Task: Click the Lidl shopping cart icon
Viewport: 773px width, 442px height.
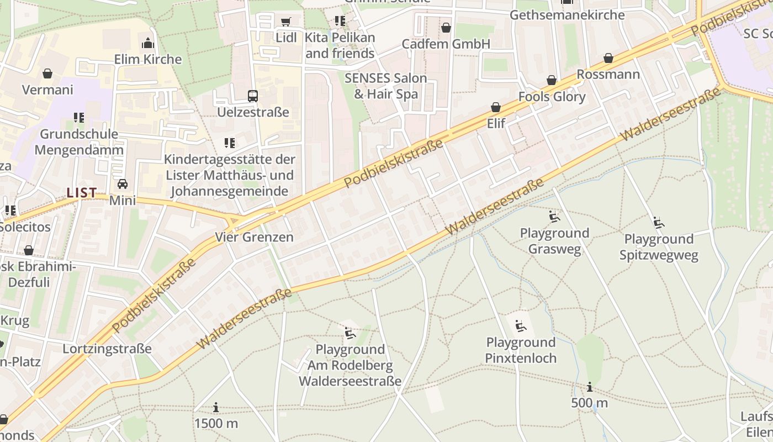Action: pyautogui.click(x=285, y=22)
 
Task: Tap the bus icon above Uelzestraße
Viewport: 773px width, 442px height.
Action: pyautogui.click(x=252, y=96)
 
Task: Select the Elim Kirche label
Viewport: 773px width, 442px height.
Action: pyautogui.click(x=147, y=59)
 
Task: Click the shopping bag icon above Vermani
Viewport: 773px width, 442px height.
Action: pyautogui.click(x=47, y=73)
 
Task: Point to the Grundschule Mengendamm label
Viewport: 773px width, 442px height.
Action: pyautogui.click(x=78, y=142)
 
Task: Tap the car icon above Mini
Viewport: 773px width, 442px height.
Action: pyautogui.click(x=122, y=184)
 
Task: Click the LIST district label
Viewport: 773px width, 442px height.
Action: pyautogui.click(x=82, y=193)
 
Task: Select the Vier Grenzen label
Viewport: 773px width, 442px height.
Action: pyautogui.click(x=254, y=237)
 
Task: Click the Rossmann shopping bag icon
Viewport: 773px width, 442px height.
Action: pyautogui.click(x=608, y=59)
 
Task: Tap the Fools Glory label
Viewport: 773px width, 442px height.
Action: pyautogui.click(x=552, y=97)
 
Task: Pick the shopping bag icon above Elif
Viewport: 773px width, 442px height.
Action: pyautogui.click(x=496, y=107)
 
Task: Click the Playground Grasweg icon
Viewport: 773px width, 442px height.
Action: pyautogui.click(x=554, y=217)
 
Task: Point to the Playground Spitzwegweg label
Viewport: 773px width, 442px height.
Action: pyautogui.click(x=659, y=247)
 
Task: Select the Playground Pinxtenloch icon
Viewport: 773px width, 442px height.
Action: pyautogui.click(x=520, y=326)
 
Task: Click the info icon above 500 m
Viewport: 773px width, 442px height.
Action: pyautogui.click(x=590, y=387)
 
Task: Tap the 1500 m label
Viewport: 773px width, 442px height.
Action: pyautogui.click(x=216, y=424)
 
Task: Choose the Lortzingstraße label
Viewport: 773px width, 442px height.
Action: pyautogui.click(x=107, y=349)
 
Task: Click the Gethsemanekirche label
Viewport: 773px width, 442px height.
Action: pyautogui.click(x=567, y=15)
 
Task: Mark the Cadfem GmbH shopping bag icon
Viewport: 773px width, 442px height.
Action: pyautogui.click(x=446, y=28)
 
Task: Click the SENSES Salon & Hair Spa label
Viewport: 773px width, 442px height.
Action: pyautogui.click(x=385, y=86)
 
